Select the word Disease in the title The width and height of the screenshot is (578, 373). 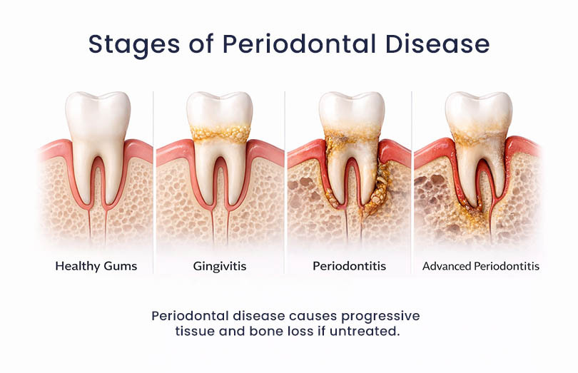click(x=440, y=44)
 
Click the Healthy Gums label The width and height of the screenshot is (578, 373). click(x=96, y=267)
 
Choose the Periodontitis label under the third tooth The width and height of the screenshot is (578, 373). click(x=349, y=267)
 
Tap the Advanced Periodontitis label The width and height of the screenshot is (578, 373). click(x=480, y=267)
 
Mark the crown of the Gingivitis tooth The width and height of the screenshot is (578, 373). click(x=218, y=111)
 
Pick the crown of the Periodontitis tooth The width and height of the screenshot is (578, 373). click(x=350, y=111)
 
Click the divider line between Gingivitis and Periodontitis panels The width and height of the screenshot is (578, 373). click(x=285, y=178)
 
